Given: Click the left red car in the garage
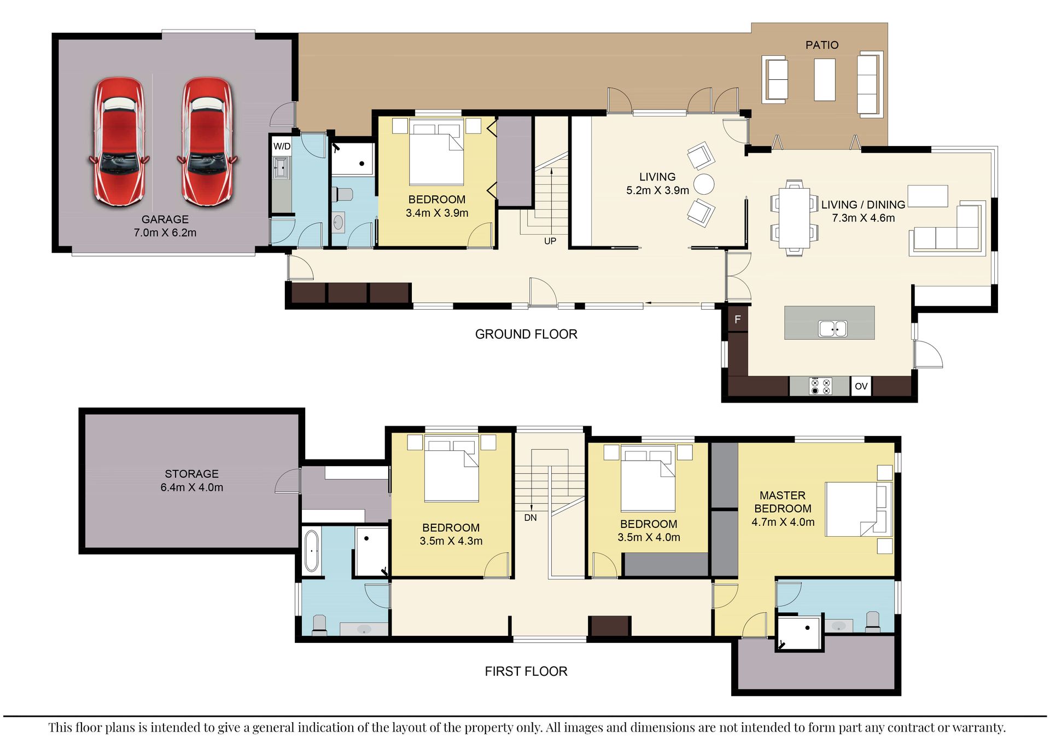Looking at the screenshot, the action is coord(119,141).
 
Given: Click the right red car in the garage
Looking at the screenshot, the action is coord(207,141).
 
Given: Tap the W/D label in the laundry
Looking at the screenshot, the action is coord(282,146).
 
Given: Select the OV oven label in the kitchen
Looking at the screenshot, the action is coord(861,386).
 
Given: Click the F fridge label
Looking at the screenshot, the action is coord(737,320).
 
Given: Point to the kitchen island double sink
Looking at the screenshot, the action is coord(832,328).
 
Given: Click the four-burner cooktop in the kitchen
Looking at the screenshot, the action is coord(820,386).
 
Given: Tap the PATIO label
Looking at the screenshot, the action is coord(821,45).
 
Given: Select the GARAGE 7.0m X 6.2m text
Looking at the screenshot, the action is coord(165,226).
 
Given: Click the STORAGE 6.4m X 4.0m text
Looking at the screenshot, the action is coord(191,480).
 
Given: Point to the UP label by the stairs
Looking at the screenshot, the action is coord(550,241).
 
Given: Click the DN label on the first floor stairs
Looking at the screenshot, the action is coord(530,518).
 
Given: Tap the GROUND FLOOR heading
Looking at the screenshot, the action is coord(526,334).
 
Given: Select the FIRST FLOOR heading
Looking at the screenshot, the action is coord(526,671).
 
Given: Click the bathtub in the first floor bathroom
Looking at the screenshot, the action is coord(311,550).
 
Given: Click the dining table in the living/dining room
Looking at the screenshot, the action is coord(794,218).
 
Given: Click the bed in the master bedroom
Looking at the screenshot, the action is coord(858,509).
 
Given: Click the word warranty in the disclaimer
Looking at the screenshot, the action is coord(978,727).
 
